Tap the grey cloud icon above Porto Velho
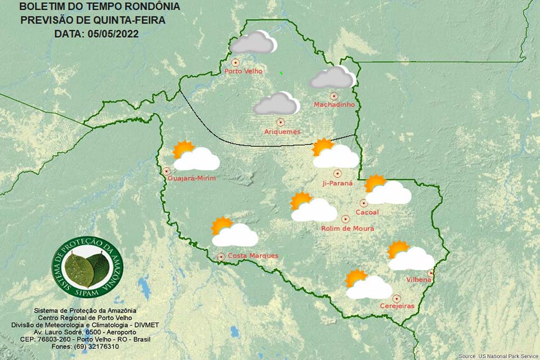(x=254, y=43)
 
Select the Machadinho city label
(x=333, y=105)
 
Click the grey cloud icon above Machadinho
(x=333, y=78)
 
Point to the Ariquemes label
(x=282, y=132)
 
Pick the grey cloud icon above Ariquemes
(x=276, y=104)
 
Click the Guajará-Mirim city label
(x=192, y=178)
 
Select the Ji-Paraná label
(x=337, y=183)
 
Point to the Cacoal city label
(x=367, y=212)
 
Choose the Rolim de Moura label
(x=348, y=228)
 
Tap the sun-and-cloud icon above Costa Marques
(x=233, y=232)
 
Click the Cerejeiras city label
(x=397, y=306)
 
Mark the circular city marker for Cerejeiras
(x=397, y=298)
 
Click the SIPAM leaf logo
(x=87, y=267)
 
